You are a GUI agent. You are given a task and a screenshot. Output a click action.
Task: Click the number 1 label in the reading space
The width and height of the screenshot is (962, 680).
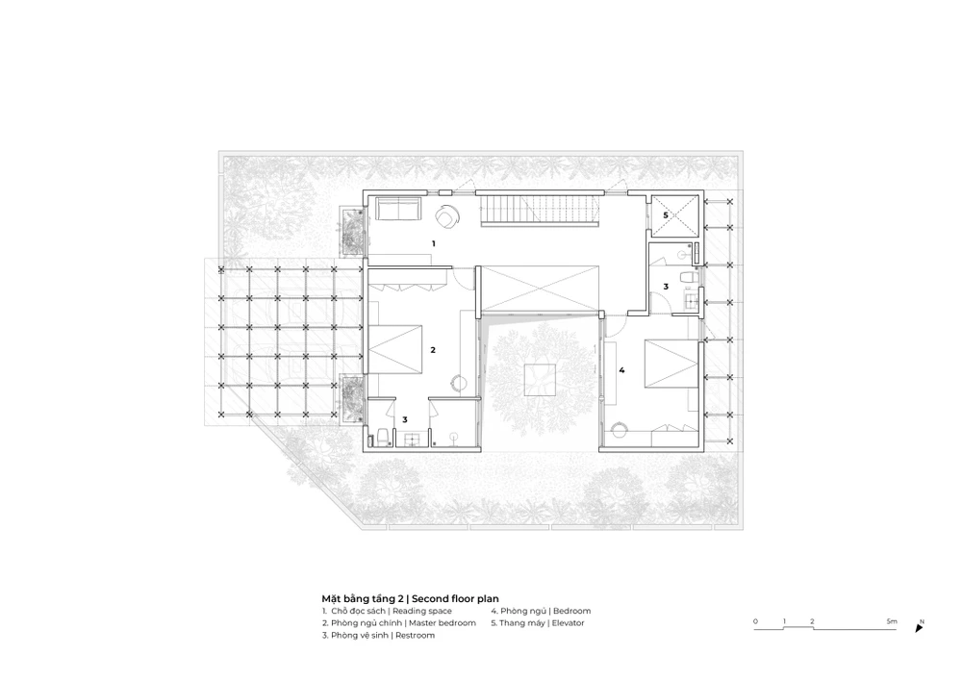coord(434,244)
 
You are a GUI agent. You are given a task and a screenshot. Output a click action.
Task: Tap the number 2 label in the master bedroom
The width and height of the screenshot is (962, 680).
coord(433,350)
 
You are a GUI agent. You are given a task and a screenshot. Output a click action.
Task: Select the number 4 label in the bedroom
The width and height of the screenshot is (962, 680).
coord(621,370)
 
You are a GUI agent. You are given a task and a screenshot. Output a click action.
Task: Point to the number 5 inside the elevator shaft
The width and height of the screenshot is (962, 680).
coord(666,215)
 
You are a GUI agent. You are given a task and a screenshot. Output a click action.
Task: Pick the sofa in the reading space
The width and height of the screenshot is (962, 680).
coord(397,209)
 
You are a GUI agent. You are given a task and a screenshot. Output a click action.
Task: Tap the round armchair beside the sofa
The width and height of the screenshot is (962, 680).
coord(448,215)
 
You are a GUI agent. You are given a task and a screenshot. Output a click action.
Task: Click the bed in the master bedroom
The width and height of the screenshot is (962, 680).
coord(394,349)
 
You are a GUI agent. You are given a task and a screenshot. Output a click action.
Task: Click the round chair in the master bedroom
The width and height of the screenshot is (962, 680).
coord(458,383)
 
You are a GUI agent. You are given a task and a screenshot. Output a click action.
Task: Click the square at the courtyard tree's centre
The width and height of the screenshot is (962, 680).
coord(541,380)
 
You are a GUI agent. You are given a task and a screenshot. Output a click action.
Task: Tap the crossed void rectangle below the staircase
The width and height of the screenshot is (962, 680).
coord(540,289)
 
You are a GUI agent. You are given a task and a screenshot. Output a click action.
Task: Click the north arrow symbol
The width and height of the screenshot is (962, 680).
coord(919,628)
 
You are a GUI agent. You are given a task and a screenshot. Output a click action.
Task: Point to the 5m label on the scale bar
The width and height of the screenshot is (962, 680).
coord(892,621)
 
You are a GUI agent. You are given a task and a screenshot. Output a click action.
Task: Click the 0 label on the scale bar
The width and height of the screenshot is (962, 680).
coord(755,621)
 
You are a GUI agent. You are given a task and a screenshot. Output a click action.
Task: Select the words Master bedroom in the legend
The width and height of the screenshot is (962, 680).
coord(443,623)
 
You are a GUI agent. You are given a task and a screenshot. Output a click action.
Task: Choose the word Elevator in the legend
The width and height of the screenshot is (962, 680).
coord(569,623)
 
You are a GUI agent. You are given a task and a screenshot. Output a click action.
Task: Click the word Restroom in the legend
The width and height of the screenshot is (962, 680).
coord(415,635)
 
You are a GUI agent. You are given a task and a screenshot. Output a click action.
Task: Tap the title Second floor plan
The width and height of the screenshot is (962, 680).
coord(455,599)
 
